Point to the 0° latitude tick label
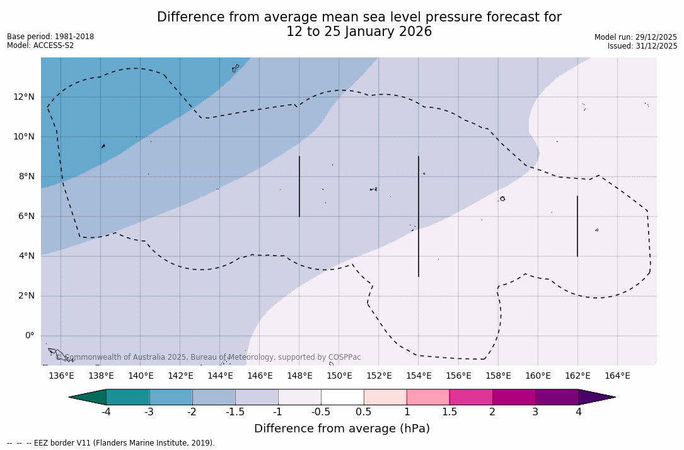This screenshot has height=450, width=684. pos(29,336)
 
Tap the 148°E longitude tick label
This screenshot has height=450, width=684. pos(299,376)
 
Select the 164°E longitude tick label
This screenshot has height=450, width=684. pos(617,376)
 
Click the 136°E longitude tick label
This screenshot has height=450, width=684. pos(61,376)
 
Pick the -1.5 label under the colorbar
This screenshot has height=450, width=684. pos(235,412)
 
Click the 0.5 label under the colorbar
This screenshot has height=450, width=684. pos(364,412)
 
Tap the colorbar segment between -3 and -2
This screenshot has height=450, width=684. pos(171,397)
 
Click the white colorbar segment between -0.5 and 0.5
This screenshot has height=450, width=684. pos(342,397)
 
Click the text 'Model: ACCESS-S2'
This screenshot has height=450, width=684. pos(40,45)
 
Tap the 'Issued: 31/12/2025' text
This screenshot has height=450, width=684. pos(642,46)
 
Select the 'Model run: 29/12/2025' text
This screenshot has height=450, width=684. pos(635,37)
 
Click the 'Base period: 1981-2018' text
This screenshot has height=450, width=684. pos(50,37)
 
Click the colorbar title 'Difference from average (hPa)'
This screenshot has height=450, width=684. pos(342,429)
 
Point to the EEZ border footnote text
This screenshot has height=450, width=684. pos(111,443)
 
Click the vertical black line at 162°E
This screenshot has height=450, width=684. pos(577,226)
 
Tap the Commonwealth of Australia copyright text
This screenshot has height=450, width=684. pos(208,357)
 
